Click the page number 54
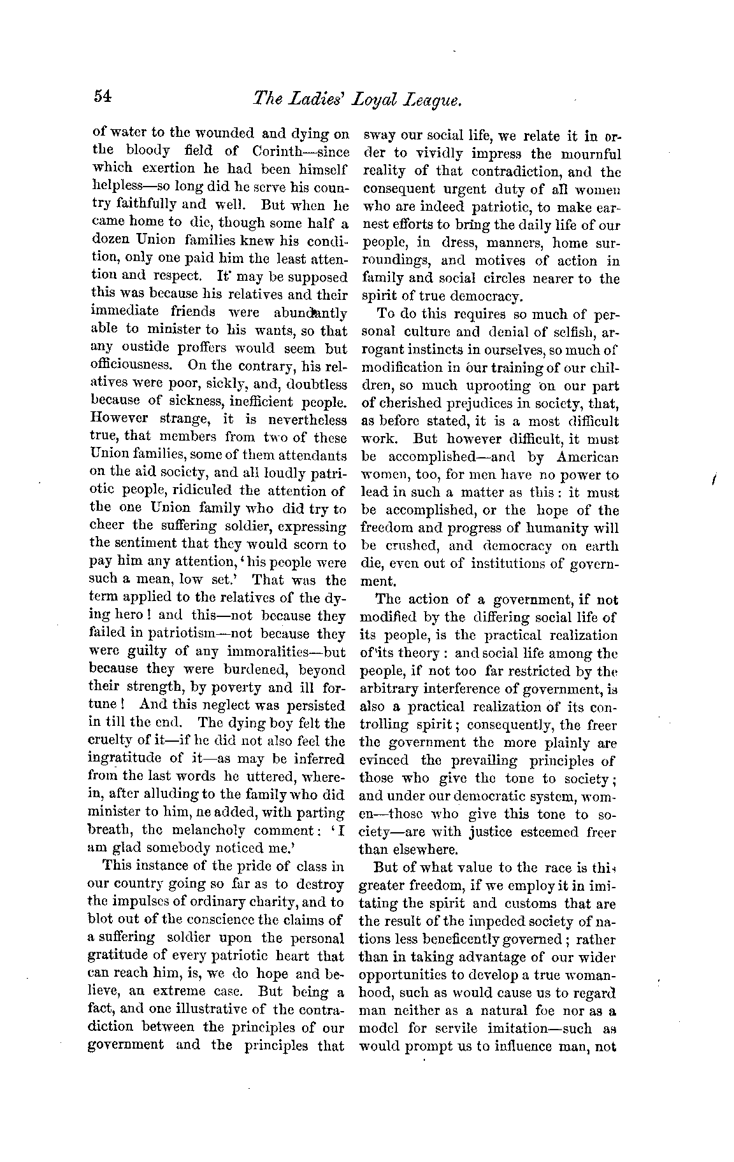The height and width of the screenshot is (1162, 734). tap(103, 96)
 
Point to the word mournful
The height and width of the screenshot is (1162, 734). tap(589, 154)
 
